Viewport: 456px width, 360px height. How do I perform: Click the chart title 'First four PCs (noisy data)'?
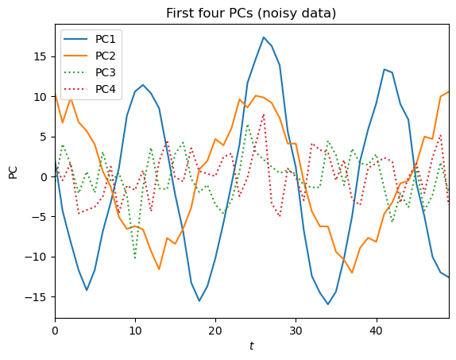tap(252, 13)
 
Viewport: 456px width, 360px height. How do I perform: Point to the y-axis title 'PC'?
tap(13, 171)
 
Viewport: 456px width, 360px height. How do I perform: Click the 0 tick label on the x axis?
tap(55, 329)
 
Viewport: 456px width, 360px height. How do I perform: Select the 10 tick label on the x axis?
tap(135, 329)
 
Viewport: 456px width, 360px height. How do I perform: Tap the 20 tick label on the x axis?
tap(215, 329)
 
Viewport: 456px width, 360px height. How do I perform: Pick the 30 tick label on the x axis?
tap(296, 329)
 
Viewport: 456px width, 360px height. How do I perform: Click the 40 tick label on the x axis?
tap(376, 329)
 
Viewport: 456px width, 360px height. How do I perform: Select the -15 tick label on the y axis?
tap(37, 296)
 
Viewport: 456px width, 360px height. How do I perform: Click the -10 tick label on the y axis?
tap(37, 257)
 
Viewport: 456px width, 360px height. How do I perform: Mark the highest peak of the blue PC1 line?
tap(264, 37)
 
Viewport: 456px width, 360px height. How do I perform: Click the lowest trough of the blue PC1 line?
tap(328, 304)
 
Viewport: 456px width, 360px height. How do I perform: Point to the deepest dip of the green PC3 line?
tap(135, 257)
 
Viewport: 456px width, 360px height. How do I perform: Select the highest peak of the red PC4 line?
tap(264, 115)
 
